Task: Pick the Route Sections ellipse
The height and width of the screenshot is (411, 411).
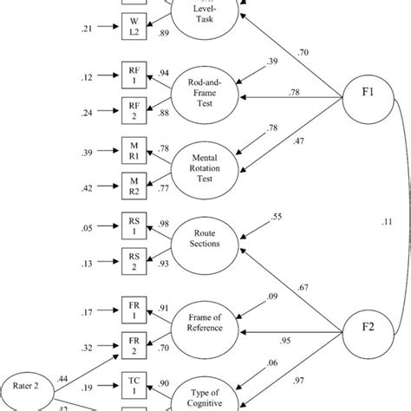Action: coord(207,245)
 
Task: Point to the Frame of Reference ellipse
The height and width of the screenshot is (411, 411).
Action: coord(207,324)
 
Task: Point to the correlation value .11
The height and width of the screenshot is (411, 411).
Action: coord(385,221)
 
